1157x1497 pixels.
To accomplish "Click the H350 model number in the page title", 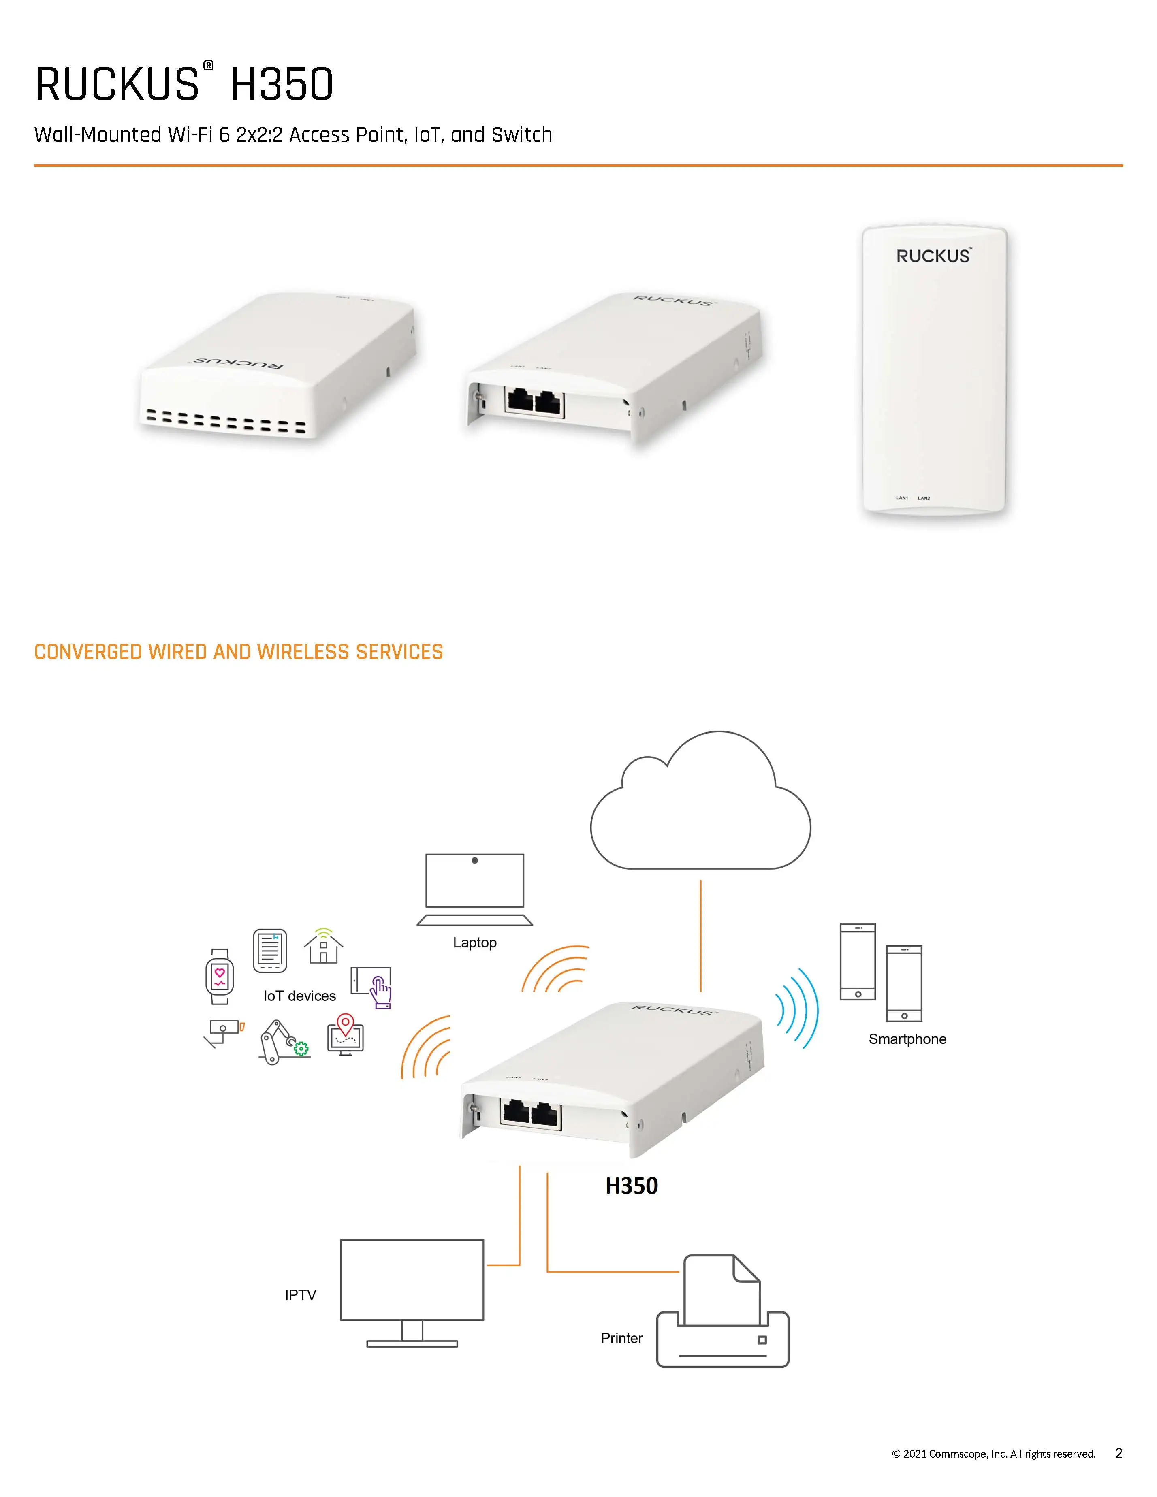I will [x=282, y=85].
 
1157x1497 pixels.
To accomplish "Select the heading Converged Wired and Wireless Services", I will [x=239, y=652].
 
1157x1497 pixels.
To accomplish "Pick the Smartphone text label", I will [x=907, y=1039].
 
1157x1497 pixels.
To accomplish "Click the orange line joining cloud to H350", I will [x=700, y=936].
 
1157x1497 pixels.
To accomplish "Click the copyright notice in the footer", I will [x=993, y=1454].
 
